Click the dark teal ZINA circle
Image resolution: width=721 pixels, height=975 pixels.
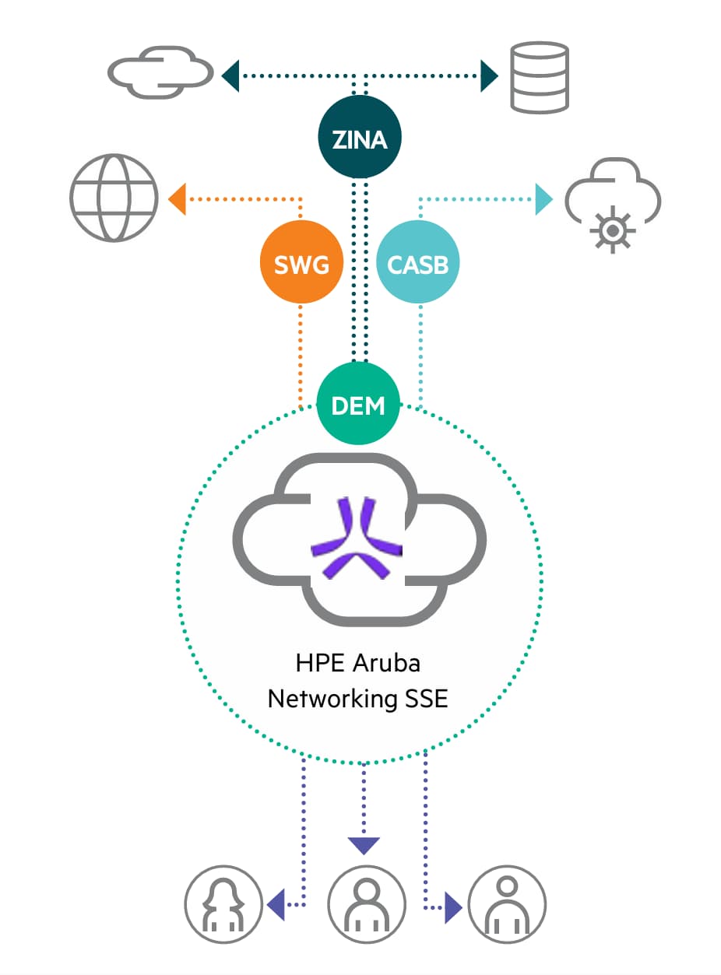click(359, 139)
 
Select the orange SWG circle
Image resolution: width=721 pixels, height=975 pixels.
click(301, 265)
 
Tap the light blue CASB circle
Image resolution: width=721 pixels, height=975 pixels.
click(418, 265)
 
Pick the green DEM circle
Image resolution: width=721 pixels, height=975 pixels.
click(358, 404)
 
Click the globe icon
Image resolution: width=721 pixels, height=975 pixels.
click(114, 197)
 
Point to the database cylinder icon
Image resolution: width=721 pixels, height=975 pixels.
click(539, 77)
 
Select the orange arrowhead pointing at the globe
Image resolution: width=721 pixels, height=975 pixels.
click(177, 198)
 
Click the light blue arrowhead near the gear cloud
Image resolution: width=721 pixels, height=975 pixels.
click(543, 198)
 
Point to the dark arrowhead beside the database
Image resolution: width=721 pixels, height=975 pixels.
click(489, 75)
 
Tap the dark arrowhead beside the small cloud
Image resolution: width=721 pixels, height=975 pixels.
click(230, 75)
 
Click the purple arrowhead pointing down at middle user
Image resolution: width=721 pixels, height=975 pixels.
click(364, 845)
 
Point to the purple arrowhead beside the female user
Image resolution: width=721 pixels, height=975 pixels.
click(275, 905)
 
